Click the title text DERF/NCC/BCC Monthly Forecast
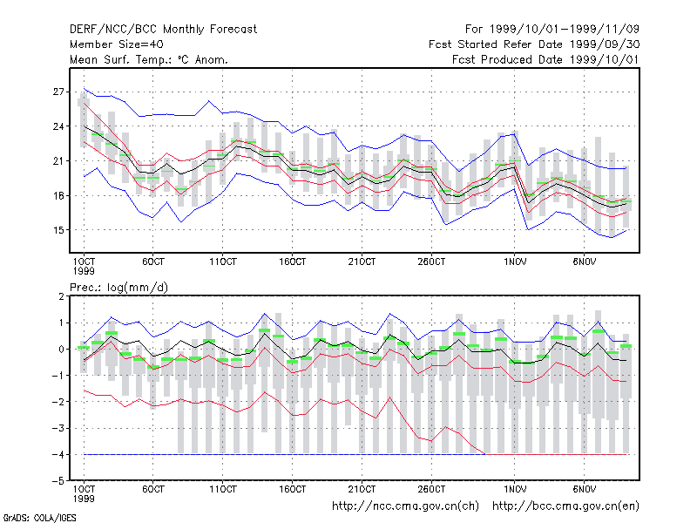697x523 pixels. [163, 30]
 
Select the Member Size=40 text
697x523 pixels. [117, 44]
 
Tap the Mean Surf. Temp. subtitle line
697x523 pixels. [149, 59]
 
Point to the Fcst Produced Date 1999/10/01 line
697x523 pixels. [545, 59]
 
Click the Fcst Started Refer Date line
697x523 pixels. [534, 44]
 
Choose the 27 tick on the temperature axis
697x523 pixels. [58, 92]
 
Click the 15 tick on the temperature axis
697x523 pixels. [58, 230]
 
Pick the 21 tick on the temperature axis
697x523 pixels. [58, 161]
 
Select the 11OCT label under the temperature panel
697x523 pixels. [223, 262]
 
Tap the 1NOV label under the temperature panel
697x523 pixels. [515, 262]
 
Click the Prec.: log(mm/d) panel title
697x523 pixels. [119, 288]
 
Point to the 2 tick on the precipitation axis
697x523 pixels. [61, 296]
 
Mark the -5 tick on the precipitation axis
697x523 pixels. [58, 481]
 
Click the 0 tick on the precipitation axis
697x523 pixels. [61, 350]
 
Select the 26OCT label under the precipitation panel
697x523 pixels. [431, 489]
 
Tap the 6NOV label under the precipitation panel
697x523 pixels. [584, 489]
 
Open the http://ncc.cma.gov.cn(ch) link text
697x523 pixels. [405, 506]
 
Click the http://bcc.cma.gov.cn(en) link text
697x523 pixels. [565, 506]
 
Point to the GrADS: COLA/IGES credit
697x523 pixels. [39, 518]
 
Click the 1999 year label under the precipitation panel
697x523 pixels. [84, 499]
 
